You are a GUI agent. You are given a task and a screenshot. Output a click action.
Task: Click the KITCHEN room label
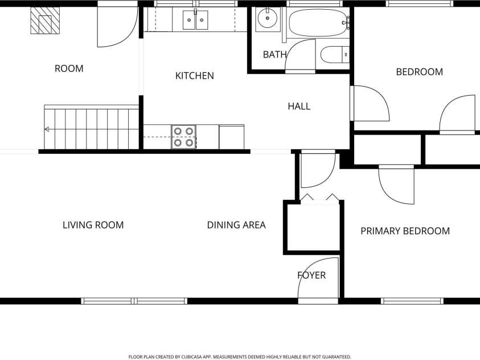(x=194, y=76)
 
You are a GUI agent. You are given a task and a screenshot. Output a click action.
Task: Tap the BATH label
(x=274, y=55)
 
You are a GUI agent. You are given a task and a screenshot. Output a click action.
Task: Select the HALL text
(x=299, y=106)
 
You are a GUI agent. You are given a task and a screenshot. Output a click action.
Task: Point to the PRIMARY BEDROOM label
(x=405, y=231)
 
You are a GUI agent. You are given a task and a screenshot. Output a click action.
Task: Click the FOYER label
(x=311, y=275)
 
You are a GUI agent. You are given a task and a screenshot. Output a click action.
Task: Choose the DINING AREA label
(x=236, y=225)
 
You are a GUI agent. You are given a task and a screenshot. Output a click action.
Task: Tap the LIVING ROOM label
(x=93, y=225)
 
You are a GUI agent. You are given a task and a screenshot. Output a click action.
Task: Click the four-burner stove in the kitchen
(x=184, y=137)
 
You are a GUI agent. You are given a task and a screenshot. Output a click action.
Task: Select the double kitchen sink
(x=195, y=20)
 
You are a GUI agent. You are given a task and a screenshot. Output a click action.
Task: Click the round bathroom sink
(x=267, y=18)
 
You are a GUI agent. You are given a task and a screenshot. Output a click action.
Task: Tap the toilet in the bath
(x=335, y=55)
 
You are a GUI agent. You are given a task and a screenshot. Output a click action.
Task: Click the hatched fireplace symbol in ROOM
(x=45, y=20)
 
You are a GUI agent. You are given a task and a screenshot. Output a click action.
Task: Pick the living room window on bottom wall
(x=134, y=301)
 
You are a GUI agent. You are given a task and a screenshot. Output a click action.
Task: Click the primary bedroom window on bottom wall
(x=412, y=301)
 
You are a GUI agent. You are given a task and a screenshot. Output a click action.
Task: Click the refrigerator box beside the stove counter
(x=232, y=137)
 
